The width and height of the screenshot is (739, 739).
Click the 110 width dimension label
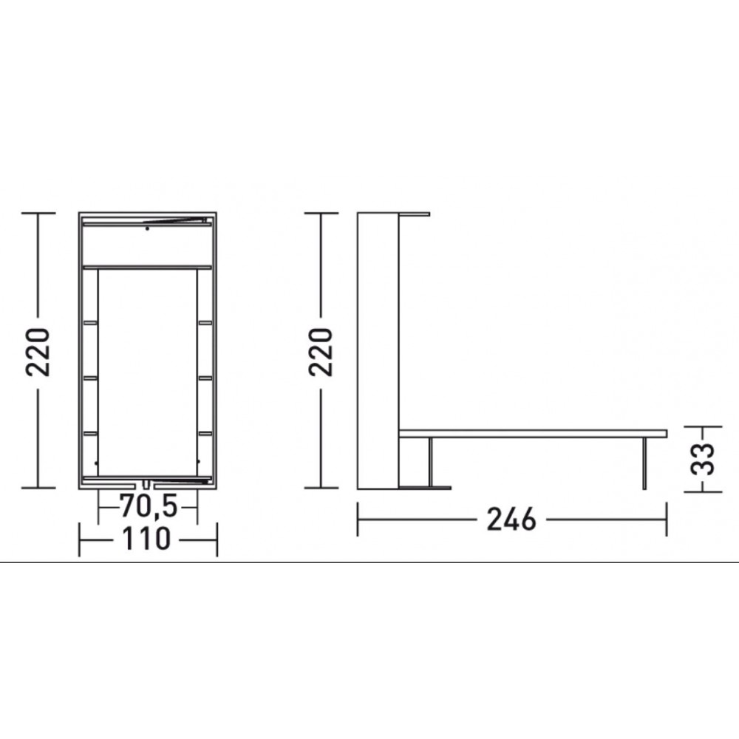[146, 539]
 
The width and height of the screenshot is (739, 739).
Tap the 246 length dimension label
[511, 520]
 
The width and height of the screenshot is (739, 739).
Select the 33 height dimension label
[702, 459]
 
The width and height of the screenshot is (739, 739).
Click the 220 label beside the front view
[38, 352]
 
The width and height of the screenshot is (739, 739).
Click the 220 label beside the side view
[321, 352]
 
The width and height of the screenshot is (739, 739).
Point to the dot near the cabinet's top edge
[148, 228]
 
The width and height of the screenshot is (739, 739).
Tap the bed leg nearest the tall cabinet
[430, 462]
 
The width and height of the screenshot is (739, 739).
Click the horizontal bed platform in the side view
[533, 434]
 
